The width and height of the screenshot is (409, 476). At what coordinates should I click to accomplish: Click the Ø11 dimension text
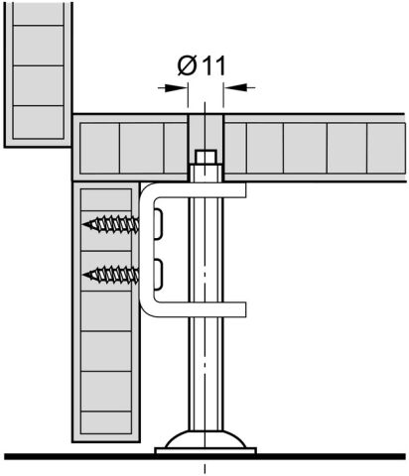click(x=202, y=65)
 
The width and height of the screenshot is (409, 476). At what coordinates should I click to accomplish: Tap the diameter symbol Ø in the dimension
click(x=186, y=65)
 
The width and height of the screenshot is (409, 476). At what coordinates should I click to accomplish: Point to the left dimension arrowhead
click(x=177, y=88)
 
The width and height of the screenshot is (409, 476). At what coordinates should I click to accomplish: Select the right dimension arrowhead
click(x=235, y=87)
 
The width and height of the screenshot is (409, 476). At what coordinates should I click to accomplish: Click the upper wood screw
click(x=110, y=224)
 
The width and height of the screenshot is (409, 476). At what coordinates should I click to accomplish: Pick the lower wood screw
click(x=110, y=275)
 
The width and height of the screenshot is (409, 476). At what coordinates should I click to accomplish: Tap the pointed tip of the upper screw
click(x=82, y=224)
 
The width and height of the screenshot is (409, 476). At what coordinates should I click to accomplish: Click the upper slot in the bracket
click(x=158, y=223)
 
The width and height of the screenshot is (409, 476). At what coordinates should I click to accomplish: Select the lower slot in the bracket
click(x=158, y=275)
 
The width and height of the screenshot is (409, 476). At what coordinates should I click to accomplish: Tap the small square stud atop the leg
click(x=205, y=158)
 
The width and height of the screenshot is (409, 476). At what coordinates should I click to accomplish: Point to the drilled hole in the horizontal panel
click(x=205, y=132)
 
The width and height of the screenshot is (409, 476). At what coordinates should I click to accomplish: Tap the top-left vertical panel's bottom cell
click(x=38, y=122)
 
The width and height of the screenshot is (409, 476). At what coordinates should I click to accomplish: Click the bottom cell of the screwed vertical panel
click(x=106, y=422)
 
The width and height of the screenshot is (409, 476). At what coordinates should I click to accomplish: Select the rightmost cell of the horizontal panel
click(x=386, y=148)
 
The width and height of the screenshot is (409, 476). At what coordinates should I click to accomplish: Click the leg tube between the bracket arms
click(x=205, y=250)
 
